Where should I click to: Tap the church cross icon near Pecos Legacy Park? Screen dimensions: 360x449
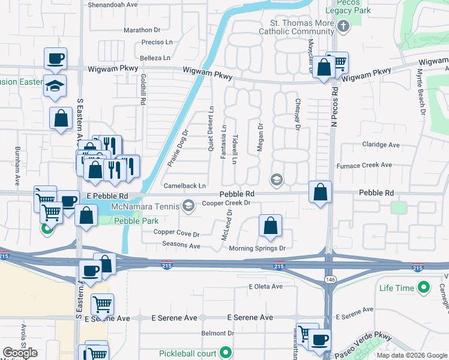[x=343, y=26]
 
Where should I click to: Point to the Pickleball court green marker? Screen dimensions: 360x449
[x=225, y=353]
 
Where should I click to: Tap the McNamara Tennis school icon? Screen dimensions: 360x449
[x=188, y=206]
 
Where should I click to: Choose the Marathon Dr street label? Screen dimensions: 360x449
[x=142, y=30]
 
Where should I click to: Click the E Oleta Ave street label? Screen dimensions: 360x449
[x=265, y=287]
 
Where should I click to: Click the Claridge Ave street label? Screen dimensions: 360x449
[x=381, y=145]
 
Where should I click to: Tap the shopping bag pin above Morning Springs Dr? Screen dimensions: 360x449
[x=271, y=227]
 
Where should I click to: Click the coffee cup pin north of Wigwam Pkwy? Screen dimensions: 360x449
[x=55, y=59]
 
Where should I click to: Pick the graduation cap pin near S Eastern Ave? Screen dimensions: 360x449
[x=55, y=86]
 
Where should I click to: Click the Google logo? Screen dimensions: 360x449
[x=20, y=353]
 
